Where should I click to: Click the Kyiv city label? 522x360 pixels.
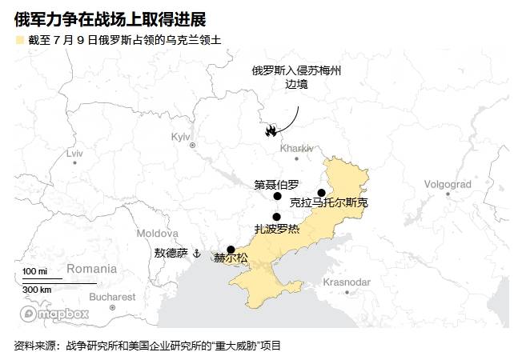[x=181, y=137]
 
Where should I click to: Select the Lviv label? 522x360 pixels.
[x=74, y=152]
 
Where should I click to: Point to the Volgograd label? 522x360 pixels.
[x=447, y=184]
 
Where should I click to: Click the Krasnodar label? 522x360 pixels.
[x=346, y=282]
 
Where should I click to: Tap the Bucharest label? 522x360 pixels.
[x=113, y=297]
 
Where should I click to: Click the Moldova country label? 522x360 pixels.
[x=157, y=233]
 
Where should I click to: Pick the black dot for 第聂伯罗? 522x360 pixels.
[x=277, y=196]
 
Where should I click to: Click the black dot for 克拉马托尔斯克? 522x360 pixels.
[x=321, y=192]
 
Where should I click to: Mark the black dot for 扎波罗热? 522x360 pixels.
[x=276, y=216]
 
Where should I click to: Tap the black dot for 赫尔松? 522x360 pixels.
[x=231, y=249]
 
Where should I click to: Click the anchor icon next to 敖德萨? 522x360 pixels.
[x=195, y=253]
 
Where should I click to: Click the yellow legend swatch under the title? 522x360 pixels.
[x=18, y=39]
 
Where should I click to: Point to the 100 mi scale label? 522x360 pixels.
[x=34, y=272]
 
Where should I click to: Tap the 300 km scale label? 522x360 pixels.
[x=37, y=290]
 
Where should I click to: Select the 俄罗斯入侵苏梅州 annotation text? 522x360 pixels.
[x=296, y=70]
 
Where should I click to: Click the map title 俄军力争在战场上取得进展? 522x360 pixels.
[x=110, y=18]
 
